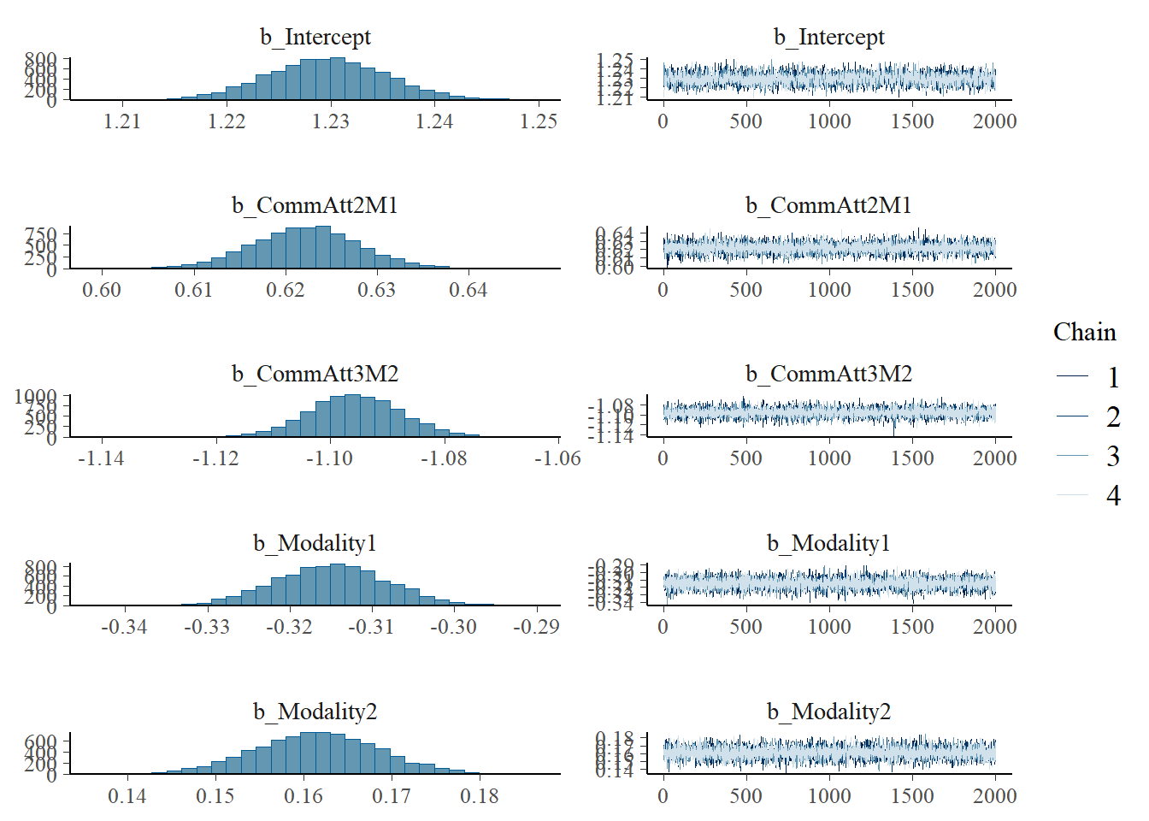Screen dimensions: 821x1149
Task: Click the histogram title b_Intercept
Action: [x=315, y=38]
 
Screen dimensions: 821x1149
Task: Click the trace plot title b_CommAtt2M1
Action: [x=828, y=206]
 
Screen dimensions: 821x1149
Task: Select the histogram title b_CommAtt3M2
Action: [x=315, y=375]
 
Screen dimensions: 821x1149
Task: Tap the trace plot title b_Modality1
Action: [x=828, y=543]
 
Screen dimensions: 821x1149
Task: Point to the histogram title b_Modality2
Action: [x=315, y=712]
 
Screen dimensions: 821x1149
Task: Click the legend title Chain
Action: [x=1084, y=333]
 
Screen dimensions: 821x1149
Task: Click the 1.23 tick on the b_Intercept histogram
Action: [x=330, y=121]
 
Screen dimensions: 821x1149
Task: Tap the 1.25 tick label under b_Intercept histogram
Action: [x=539, y=121]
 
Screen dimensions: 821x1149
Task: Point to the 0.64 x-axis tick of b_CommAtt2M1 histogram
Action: [x=468, y=290]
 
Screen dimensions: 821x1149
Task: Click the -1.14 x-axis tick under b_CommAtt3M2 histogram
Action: [x=101, y=458]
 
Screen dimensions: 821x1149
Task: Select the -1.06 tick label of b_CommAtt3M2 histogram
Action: [x=557, y=458]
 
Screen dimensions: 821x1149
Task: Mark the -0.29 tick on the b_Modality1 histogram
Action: [x=536, y=627]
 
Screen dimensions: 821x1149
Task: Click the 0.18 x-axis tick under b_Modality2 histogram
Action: [x=479, y=796]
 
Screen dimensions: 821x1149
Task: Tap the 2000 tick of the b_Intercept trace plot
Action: [x=994, y=121]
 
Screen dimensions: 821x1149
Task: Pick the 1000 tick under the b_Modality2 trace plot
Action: [x=828, y=796]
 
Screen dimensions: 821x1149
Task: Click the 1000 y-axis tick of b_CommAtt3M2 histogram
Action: [x=36, y=397]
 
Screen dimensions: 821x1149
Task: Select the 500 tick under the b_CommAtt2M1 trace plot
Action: [x=745, y=290]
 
